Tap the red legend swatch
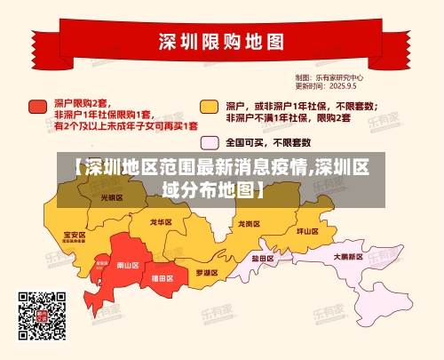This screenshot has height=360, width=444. [37, 107]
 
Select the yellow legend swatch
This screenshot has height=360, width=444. [209, 107]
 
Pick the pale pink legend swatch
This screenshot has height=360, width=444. [210, 142]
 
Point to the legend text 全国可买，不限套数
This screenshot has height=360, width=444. [267, 142]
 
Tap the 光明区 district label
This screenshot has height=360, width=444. [111, 197]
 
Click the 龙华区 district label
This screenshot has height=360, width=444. [161, 221]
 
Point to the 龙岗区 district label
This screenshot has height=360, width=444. [250, 224]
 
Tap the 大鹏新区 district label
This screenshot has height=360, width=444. [349, 257]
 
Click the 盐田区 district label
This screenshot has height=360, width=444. [261, 258]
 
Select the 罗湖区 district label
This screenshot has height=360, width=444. [206, 271]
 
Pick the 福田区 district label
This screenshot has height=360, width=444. [163, 278]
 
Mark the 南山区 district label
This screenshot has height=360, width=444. [128, 264]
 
